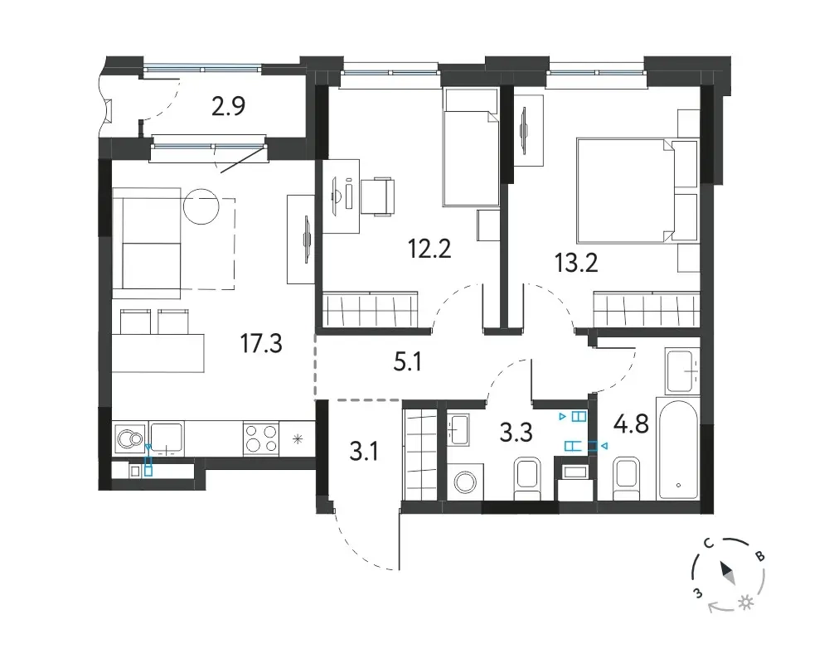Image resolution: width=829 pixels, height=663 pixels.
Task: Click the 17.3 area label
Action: pos(261,344)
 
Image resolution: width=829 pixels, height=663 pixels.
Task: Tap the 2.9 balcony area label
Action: pos(229,107)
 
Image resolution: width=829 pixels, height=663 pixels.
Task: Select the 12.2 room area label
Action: pos(429,249)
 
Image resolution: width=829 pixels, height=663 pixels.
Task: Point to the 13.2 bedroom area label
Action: pos(576,262)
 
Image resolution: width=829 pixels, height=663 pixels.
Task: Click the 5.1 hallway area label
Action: pos(408,362)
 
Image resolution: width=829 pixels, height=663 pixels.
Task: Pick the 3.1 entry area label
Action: pos(364,452)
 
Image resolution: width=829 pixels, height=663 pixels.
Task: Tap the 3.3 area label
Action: pos(516,433)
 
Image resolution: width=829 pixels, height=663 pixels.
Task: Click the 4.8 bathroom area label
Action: pos(631,424)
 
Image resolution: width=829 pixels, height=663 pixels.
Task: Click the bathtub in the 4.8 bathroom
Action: pos(678,449)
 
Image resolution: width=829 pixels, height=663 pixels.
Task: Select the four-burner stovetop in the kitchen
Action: pos(260,438)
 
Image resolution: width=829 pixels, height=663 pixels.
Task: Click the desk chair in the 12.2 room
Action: pos(378,196)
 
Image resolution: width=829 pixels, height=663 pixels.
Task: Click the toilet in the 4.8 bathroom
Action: pos(626,479)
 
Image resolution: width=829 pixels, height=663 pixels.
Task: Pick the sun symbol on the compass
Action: pos(746,603)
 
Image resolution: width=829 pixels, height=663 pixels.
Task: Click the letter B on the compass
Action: pos(760,556)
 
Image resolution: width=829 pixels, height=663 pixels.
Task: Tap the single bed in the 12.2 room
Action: pos(471,148)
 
